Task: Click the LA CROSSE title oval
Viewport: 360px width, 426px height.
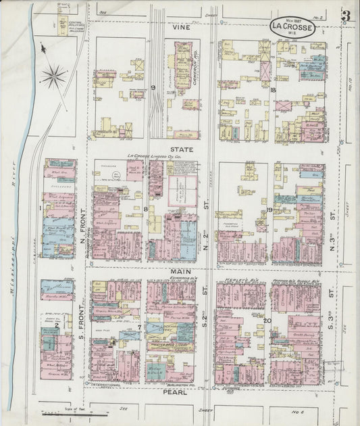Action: click(x=292, y=28)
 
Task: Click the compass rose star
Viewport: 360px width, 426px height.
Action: click(x=53, y=75)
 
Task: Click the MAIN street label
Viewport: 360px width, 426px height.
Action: click(x=179, y=271)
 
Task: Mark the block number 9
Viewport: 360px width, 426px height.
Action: click(x=153, y=88)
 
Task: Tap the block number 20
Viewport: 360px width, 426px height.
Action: click(x=267, y=321)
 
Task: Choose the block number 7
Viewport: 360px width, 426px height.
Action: click(x=140, y=328)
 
